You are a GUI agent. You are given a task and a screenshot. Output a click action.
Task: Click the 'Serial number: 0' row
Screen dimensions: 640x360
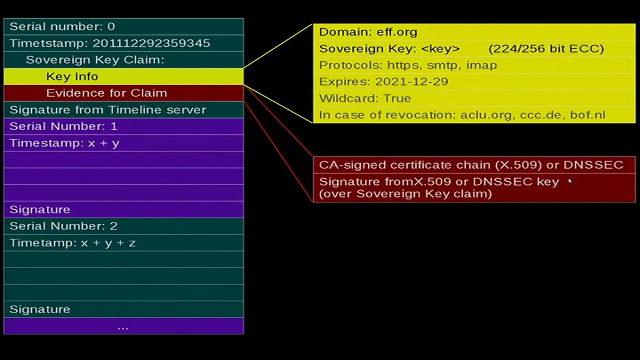coord(124,26)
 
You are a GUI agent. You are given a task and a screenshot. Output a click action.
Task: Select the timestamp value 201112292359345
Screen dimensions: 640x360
coord(151,43)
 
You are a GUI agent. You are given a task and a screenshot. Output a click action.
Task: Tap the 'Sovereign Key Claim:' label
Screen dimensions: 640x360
coord(95,60)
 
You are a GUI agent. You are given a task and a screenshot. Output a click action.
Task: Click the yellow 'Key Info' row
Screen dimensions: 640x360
coord(124,76)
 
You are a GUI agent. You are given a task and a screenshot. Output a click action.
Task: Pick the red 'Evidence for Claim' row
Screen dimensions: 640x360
coord(124,93)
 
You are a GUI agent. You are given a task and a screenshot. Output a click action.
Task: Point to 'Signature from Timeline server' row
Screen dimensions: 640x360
coord(124,110)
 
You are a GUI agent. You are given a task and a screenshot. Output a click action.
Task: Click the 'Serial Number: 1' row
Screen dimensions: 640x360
coord(124,126)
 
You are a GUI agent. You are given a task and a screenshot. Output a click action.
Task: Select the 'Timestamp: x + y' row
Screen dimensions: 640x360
coord(124,143)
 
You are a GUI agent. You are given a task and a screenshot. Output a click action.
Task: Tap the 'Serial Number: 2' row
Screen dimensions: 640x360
coord(124,226)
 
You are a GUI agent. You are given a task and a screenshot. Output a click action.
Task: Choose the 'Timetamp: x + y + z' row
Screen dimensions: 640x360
coord(124,243)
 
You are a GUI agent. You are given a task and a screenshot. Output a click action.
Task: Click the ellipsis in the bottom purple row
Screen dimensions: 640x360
coord(123,327)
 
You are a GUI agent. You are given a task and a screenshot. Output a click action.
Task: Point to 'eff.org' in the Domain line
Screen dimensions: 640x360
coord(397,32)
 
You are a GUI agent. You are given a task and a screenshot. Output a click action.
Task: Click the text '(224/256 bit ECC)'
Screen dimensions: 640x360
coord(546,49)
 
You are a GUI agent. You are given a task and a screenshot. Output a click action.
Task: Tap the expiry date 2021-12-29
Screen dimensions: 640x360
coord(411,82)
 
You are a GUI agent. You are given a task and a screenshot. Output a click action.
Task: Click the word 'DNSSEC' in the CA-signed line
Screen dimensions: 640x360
coord(594,165)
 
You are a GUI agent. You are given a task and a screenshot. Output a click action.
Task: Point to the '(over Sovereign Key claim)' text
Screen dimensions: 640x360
coord(405,194)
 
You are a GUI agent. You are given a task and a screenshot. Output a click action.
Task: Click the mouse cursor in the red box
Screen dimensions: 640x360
coord(570,181)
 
